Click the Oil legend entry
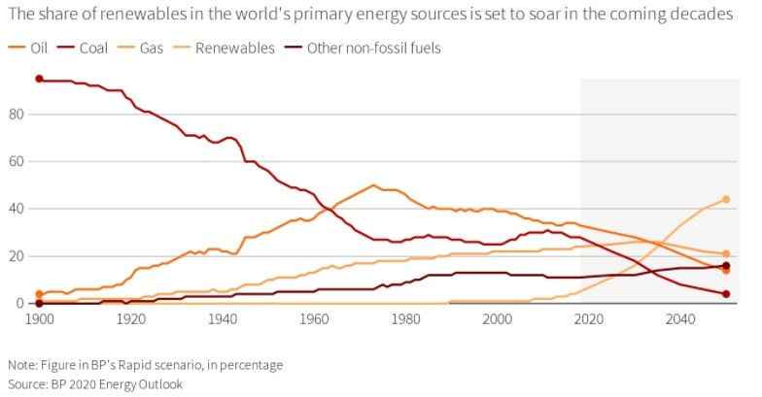tap(30, 48)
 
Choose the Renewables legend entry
tap(235, 48)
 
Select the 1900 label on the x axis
tap(39, 318)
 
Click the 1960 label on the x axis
tap(314, 318)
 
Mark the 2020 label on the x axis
tap(589, 318)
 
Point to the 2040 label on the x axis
tap(680, 318)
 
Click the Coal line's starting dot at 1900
tap(39, 79)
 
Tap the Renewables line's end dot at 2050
tap(726, 200)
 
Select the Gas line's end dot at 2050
tap(726, 254)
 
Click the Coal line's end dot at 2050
tap(726, 294)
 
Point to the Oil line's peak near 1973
tap(373, 185)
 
